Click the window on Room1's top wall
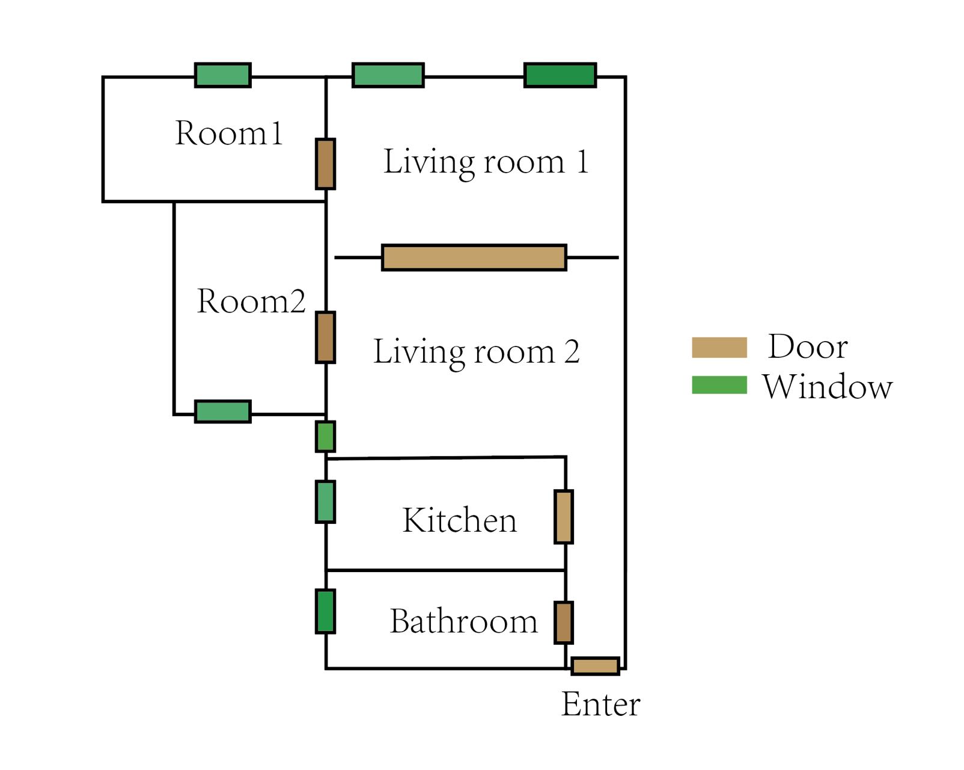(x=222, y=75)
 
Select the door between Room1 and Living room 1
(x=325, y=164)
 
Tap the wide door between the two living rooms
(x=474, y=257)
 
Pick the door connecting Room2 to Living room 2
(x=325, y=337)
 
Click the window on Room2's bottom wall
(x=222, y=411)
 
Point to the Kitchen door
(x=563, y=517)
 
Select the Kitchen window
(x=325, y=502)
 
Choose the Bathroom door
(x=563, y=622)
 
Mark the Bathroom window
(x=325, y=612)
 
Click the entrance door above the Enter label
(x=594, y=666)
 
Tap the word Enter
(x=600, y=704)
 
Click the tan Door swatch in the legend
(x=719, y=348)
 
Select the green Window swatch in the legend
(x=719, y=385)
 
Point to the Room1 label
(x=228, y=133)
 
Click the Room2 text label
(x=251, y=301)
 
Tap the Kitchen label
(x=459, y=520)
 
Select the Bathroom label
(x=463, y=621)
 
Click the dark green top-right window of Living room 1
(x=560, y=75)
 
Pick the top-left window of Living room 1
(x=388, y=75)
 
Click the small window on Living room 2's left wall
(x=325, y=437)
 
